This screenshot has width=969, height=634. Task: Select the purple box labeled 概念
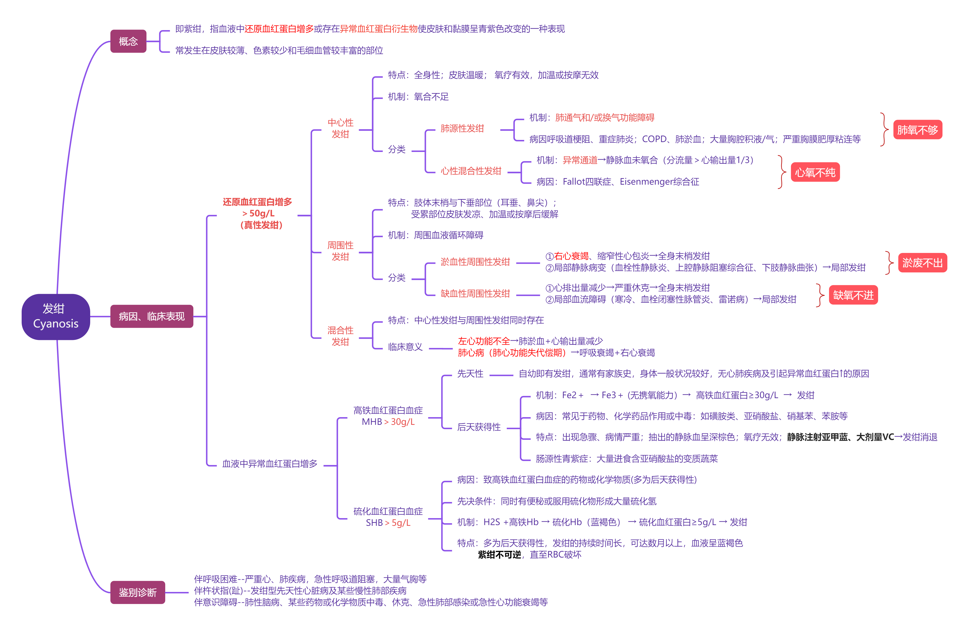pyautogui.click(x=128, y=41)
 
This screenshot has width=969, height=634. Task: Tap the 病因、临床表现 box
pyautogui.click(x=152, y=316)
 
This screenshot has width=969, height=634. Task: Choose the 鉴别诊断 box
pyautogui.click(x=138, y=592)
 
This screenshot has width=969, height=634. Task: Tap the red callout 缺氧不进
pyautogui.click(x=853, y=295)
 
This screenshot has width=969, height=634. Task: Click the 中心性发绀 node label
pyautogui.click(x=340, y=128)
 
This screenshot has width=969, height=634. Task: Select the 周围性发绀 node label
pyautogui.click(x=340, y=251)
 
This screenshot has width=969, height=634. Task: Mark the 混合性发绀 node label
pyautogui.click(x=340, y=336)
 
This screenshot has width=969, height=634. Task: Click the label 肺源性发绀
pyautogui.click(x=462, y=129)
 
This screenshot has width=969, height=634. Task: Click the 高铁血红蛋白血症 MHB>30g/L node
pyautogui.click(x=388, y=416)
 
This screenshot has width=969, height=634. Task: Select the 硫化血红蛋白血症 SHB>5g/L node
pyautogui.click(x=388, y=517)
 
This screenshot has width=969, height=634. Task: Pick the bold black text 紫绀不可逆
pyautogui.click(x=499, y=555)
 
